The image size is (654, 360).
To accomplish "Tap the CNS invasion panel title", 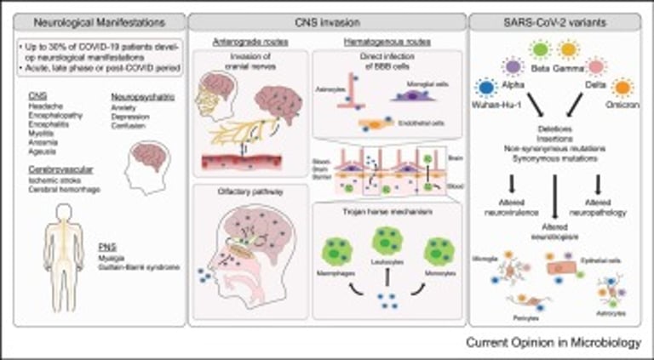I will point(326,19).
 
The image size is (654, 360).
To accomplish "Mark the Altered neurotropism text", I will point(559,229).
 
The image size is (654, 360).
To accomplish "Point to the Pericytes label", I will point(531,312).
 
